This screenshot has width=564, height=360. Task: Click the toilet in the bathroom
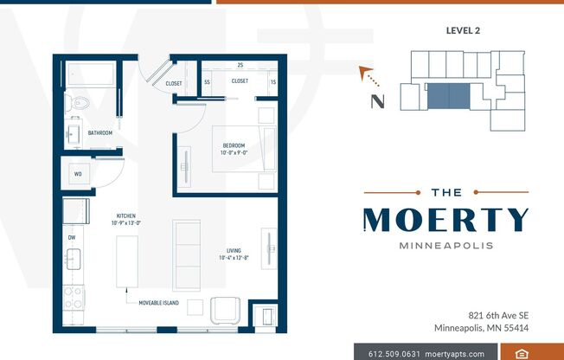[x=80, y=102]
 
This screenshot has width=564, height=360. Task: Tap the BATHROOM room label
[x=99, y=133]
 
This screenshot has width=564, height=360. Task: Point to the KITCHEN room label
[x=126, y=215]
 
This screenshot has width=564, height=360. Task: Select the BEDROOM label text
[x=233, y=145]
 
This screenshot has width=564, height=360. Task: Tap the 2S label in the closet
[x=240, y=65]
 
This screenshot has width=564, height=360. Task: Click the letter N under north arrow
[x=377, y=101]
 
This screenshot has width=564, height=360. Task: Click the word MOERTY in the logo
[x=445, y=221]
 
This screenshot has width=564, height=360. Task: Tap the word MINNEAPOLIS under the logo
[x=445, y=245]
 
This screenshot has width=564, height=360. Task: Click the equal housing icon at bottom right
[x=522, y=353]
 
